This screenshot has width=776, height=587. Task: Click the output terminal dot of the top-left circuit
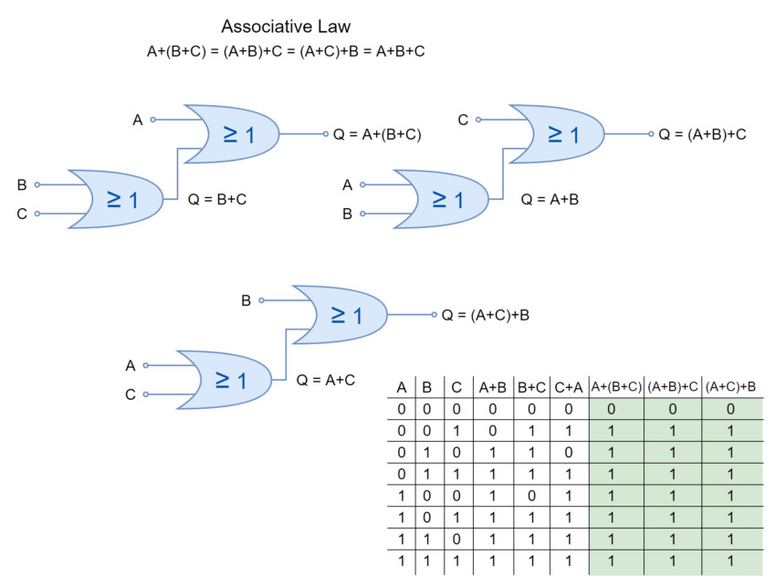pos(326,134)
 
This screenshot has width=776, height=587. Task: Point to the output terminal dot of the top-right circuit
pos(650,134)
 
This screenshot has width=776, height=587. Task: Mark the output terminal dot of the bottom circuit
pos(434,315)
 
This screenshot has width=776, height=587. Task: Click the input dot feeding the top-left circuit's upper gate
pos(153,120)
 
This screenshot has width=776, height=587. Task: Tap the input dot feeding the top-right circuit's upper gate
pos(478,120)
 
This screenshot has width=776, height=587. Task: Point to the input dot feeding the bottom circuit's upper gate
pos(261,300)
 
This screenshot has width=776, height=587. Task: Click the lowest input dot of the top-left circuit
pos(37,214)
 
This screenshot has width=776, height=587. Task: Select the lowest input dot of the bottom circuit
pos(146,394)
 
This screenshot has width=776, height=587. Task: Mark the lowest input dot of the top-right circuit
pos(362,214)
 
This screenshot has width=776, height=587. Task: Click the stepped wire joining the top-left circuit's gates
pos(178,173)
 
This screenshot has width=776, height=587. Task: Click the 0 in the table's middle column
pos(673,410)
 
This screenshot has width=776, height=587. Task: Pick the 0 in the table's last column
pos(730,410)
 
